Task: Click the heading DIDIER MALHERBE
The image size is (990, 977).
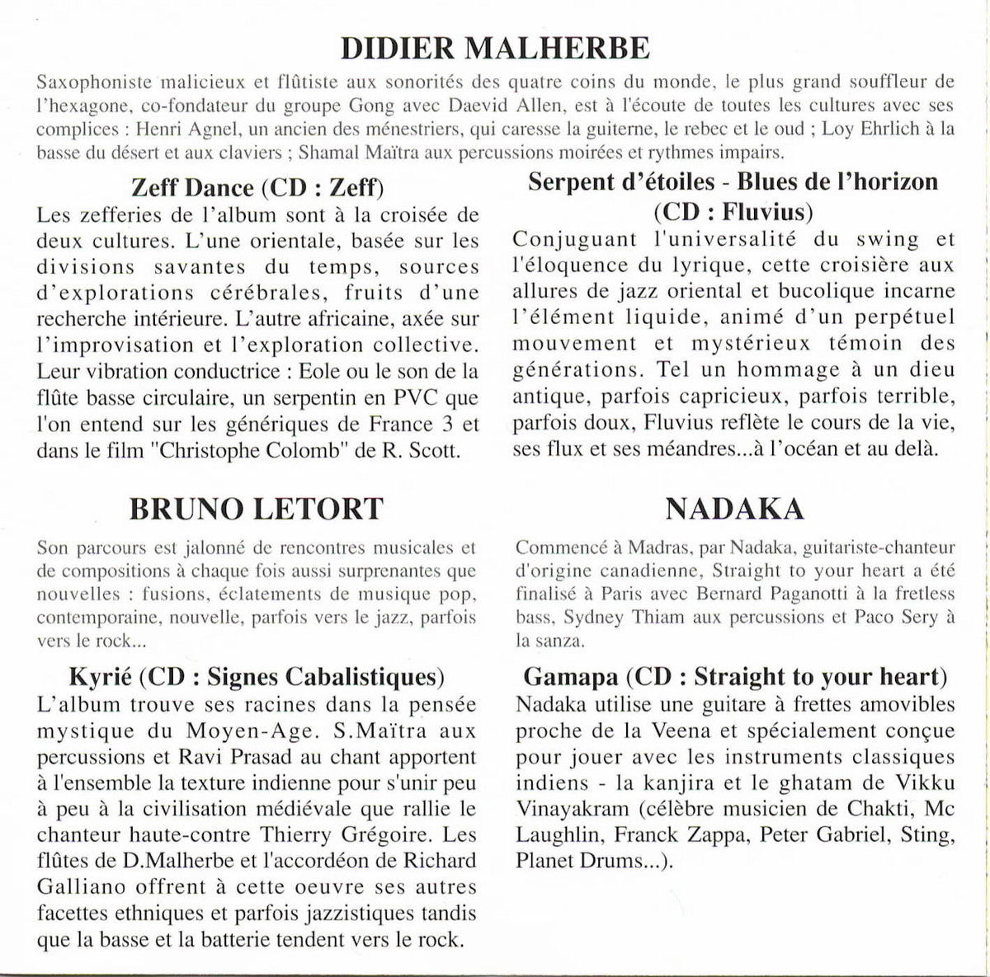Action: point(495,49)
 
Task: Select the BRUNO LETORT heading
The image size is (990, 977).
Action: point(257,509)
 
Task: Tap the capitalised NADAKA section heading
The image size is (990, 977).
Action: point(734,509)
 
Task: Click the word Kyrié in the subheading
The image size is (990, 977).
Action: point(97,677)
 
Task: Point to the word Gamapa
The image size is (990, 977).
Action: point(571,677)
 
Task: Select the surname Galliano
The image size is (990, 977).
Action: point(74,888)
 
